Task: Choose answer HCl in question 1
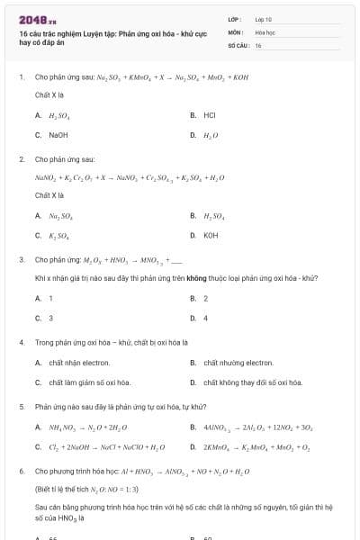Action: click(210, 115)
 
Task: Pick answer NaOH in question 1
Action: click(58, 135)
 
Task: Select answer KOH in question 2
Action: click(211, 236)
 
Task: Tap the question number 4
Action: click(22, 343)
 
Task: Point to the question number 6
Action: click(22, 471)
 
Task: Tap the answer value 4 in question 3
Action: click(206, 318)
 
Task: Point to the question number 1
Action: click(22, 77)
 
